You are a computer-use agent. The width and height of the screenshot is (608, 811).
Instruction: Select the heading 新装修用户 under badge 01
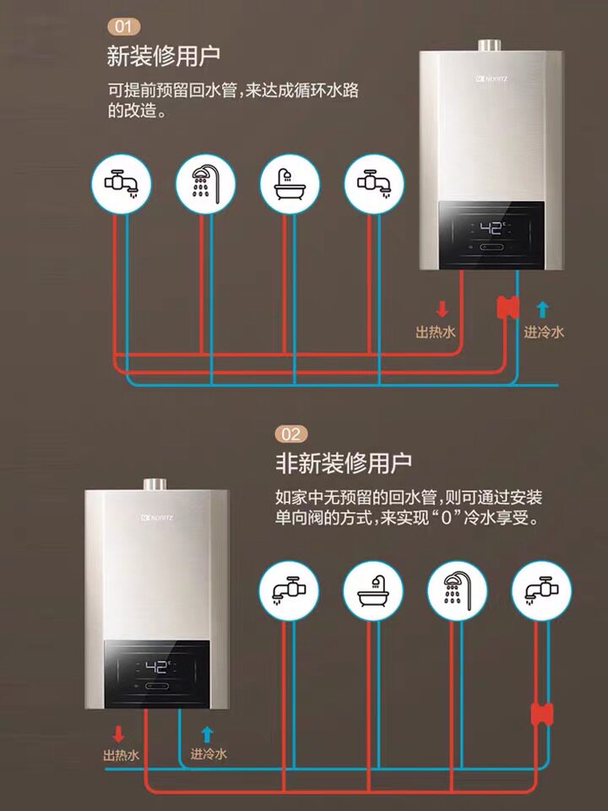pos(164,57)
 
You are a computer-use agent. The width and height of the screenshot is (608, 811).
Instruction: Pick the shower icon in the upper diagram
pos(204,182)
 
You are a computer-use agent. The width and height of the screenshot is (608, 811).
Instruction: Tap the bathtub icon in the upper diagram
pos(289,182)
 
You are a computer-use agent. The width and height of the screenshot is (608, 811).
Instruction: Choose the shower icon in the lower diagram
pos(457,590)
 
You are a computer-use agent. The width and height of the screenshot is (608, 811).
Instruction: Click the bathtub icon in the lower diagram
pos(372,590)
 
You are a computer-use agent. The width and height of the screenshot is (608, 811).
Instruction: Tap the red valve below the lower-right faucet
pos(541,714)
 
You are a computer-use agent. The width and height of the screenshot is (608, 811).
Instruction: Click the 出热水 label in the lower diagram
pos(121,754)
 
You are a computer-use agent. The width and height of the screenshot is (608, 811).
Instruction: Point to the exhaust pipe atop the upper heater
pos(489,45)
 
